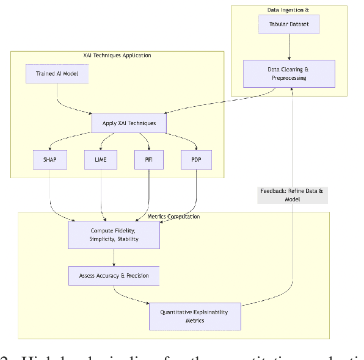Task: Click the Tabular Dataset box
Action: [x=289, y=24]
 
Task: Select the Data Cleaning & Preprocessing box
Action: [x=289, y=74]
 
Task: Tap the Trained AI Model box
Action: [x=57, y=74]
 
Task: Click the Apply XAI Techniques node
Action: [x=129, y=123]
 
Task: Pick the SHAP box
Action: [x=49, y=159]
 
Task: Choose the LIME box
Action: [x=100, y=159]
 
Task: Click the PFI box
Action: [x=149, y=159]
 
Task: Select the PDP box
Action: [x=196, y=159]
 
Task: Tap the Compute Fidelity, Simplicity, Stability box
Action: [x=114, y=235]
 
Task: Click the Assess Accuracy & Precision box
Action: [x=114, y=276]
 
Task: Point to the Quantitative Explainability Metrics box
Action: [x=195, y=316]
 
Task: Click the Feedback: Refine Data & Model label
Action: [x=293, y=195]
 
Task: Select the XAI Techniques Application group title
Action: [x=117, y=56]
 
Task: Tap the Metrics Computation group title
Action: [x=173, y=217]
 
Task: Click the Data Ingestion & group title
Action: [x=288, y=9]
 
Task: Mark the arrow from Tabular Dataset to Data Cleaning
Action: [x=289, y=47]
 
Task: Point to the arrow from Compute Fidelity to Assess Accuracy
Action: [x=114, y=257]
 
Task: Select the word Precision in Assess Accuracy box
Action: [x=136, y=276]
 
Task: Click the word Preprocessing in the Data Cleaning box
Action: [x=289, y=78]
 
